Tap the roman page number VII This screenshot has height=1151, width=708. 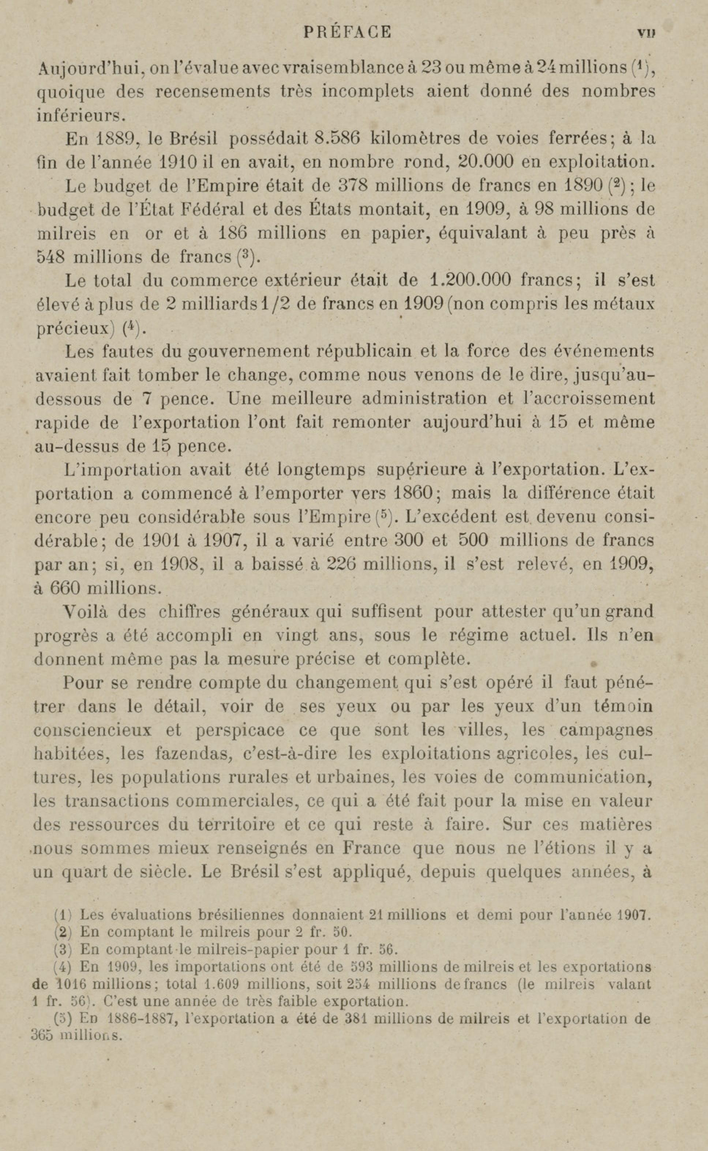tap(646, 33)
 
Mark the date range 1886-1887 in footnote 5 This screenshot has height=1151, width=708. tap(142, 1019)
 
